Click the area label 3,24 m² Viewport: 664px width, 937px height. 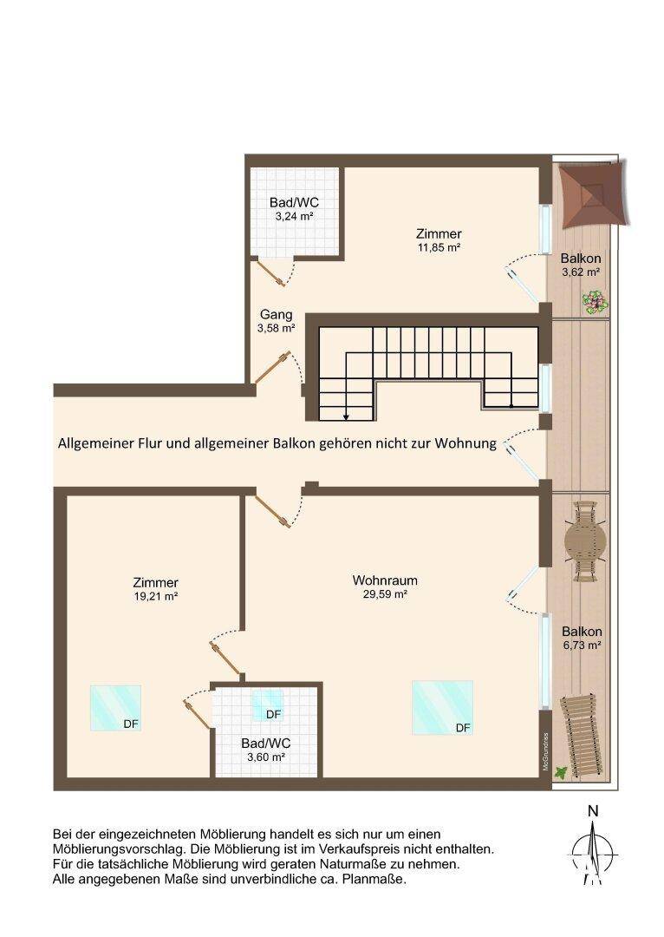click(x=295, y=216)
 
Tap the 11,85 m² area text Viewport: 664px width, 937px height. click(x=439, y=247)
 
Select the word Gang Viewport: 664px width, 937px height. click(x=277, y=315)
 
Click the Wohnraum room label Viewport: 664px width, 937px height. click(x=385, y=580)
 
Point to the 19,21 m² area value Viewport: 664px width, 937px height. click(x=156, y=596)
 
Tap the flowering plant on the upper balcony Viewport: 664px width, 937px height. click(x=596, y=303)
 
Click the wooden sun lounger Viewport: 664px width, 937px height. click(x=581, y=737)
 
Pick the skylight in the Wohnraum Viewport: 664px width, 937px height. click(x=442, y=708)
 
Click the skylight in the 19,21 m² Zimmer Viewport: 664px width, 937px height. click(x=115, y=708)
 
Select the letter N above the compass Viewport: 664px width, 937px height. click(x=593, y=811)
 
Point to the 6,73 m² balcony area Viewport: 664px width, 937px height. click(x=582, y=645)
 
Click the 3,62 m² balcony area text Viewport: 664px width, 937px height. click(x=581, y=272)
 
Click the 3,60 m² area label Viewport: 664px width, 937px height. click(x=266, y=757)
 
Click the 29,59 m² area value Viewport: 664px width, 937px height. click(x=385, y=594)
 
